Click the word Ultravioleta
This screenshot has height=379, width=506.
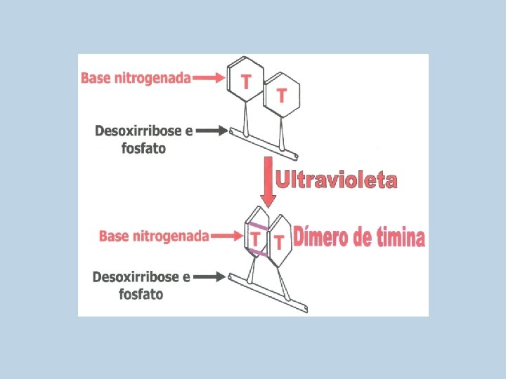[x=337, y=180]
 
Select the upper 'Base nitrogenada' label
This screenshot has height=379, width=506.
[x=136, y=78]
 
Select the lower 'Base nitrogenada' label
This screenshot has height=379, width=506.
[x=154, y=236]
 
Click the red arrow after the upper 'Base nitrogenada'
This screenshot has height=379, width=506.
[x=209, y=78]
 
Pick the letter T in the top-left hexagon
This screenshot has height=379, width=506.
[x=245, y=82]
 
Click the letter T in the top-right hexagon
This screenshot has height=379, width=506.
[x=282, y=95]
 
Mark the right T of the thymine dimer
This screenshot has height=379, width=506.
[x=279, y=243]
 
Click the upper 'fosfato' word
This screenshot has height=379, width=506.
[x=138, y=148]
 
